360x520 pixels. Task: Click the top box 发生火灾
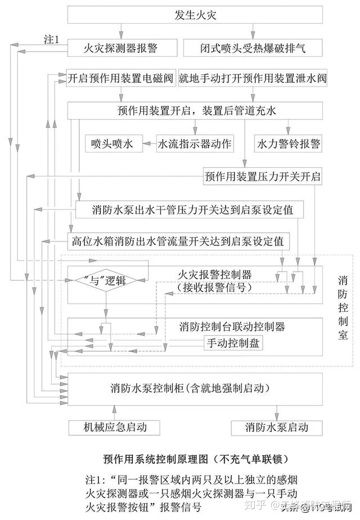click(195, 15)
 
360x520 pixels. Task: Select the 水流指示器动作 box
click(195, 144)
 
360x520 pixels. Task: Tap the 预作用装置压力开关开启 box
click(263, 177)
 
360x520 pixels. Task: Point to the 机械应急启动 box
click(115, 427)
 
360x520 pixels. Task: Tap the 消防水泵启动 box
click(277, 427)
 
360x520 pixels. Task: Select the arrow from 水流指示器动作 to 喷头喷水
click(148, 144)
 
